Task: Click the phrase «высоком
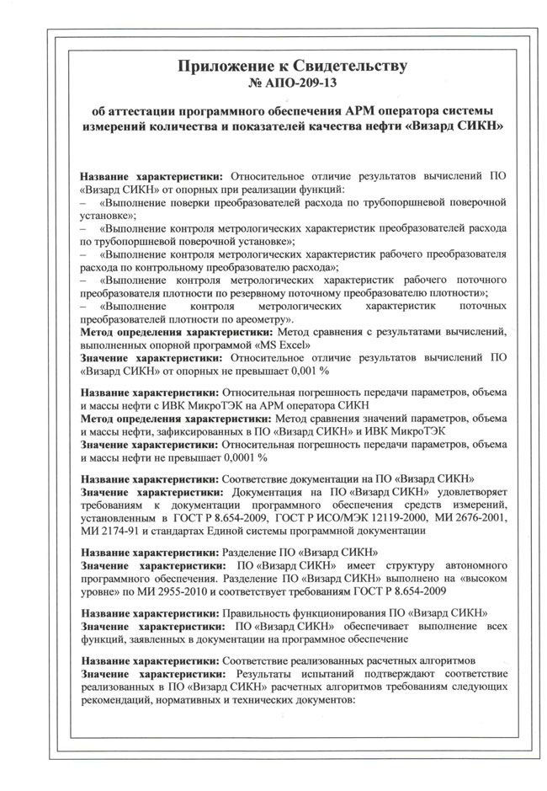click(478, 579)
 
